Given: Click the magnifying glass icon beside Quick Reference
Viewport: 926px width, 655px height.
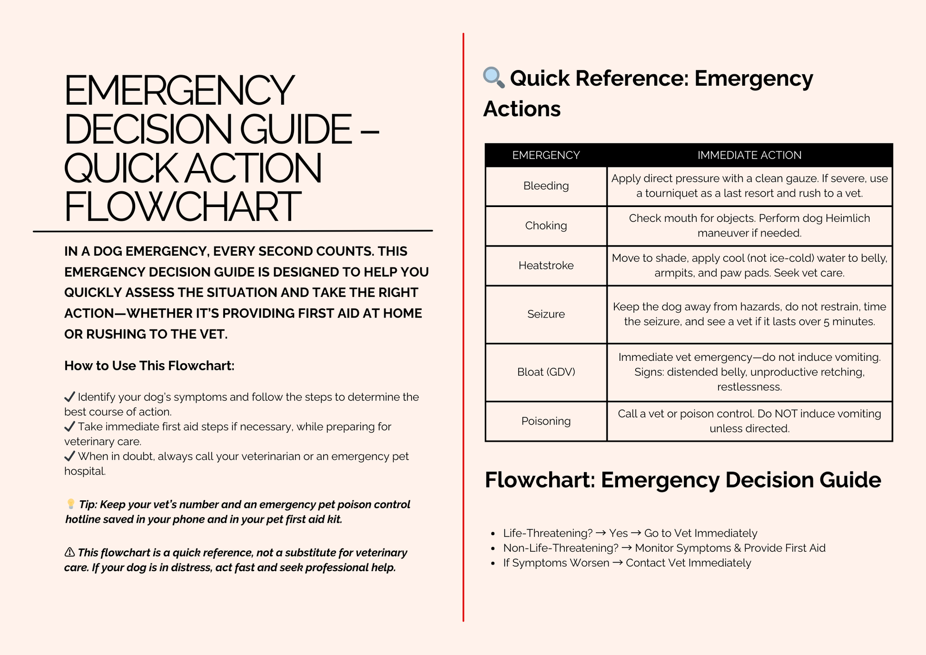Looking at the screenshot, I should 493,77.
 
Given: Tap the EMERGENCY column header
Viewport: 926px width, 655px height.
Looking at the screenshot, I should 546,155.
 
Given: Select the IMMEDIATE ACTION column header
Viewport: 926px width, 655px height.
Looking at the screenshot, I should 749,155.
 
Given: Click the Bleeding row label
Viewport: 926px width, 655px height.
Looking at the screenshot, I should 546,186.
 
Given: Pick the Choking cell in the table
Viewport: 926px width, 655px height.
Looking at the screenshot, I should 546,226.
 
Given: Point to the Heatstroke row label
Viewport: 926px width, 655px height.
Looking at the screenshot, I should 546,266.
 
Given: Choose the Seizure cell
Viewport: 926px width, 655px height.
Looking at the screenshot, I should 546,314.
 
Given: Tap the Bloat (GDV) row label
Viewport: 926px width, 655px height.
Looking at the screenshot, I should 546,372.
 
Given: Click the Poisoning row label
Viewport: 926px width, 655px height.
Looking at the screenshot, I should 546,421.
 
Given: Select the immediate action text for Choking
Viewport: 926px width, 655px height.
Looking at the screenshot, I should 749,226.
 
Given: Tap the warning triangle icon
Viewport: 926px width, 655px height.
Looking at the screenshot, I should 69,552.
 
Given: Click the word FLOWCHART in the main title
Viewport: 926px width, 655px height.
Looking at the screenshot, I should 182,207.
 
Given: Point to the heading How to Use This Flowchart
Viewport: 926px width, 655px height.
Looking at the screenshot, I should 149,366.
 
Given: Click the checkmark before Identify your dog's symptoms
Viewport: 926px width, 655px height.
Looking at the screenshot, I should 69,397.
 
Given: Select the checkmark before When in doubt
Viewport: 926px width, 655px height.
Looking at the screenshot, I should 69,456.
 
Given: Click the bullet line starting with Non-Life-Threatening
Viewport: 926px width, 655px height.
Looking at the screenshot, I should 664,548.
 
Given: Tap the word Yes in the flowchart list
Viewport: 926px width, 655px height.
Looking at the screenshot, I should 618,533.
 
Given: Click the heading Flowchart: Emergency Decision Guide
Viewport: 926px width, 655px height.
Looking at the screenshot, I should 682,480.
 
